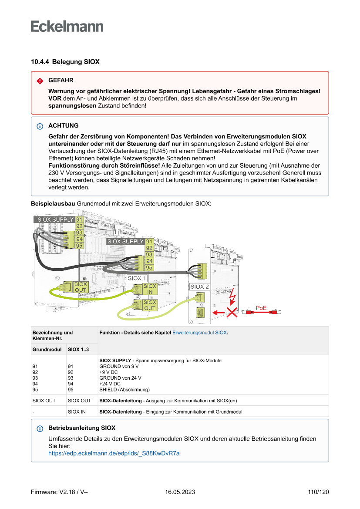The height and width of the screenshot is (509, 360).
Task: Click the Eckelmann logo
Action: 67,27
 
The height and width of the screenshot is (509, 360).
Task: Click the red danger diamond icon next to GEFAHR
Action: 40,81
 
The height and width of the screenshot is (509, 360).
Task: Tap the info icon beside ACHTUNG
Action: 40,126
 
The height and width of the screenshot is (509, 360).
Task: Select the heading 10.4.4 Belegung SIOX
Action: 65,62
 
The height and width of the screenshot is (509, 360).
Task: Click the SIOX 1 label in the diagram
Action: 137,278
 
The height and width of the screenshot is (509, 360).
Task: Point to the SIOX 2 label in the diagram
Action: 200,287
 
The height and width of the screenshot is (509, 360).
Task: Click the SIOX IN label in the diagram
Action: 150,289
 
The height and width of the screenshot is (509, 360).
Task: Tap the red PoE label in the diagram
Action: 261,308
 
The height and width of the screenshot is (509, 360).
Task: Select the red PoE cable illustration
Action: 261,313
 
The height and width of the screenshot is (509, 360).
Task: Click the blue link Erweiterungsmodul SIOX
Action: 199,332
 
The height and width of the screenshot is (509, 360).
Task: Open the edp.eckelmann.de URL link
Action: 114,453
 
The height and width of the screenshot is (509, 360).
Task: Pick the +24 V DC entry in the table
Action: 110,384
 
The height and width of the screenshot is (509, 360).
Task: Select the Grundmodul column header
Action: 47,349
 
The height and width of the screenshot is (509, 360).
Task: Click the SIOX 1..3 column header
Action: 78,349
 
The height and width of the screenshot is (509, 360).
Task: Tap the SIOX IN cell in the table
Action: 77,411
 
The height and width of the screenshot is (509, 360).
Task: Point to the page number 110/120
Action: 318,492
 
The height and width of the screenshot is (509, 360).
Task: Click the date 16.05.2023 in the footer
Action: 180,492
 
